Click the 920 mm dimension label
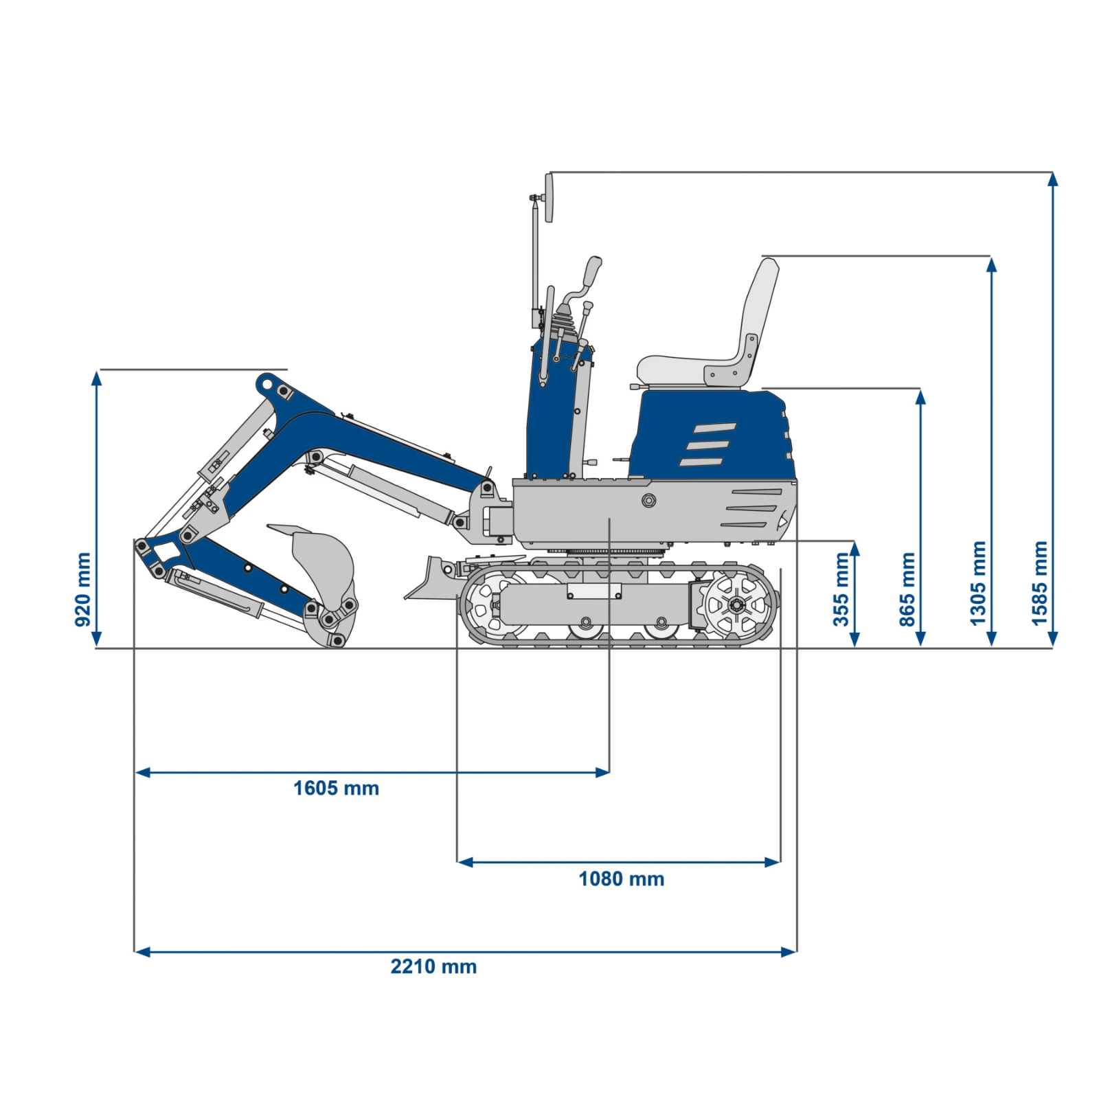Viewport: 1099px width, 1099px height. (x=82, y=589)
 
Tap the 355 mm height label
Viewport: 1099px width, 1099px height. (x=841, y=589)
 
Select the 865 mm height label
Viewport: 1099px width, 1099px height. (x=907, y=589)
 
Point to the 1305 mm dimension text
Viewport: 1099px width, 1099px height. (x=978, y=583)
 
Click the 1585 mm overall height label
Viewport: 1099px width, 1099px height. (x=1040, y=583)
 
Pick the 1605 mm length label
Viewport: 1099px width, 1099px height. (x=336, y=788)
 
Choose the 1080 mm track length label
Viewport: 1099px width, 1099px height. (x=621, y=879)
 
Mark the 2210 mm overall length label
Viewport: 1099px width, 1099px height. (x=433, y=966)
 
